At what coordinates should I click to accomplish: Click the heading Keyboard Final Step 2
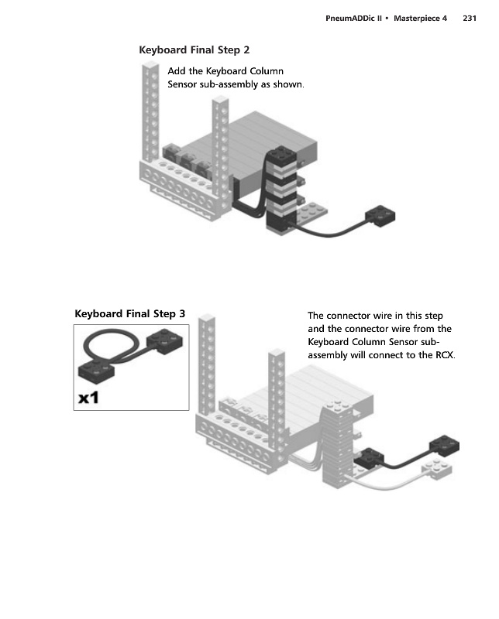click(194, 50)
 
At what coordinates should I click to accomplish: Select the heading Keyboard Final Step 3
click(129, 313)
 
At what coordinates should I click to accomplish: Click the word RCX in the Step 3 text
click(443, 356)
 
